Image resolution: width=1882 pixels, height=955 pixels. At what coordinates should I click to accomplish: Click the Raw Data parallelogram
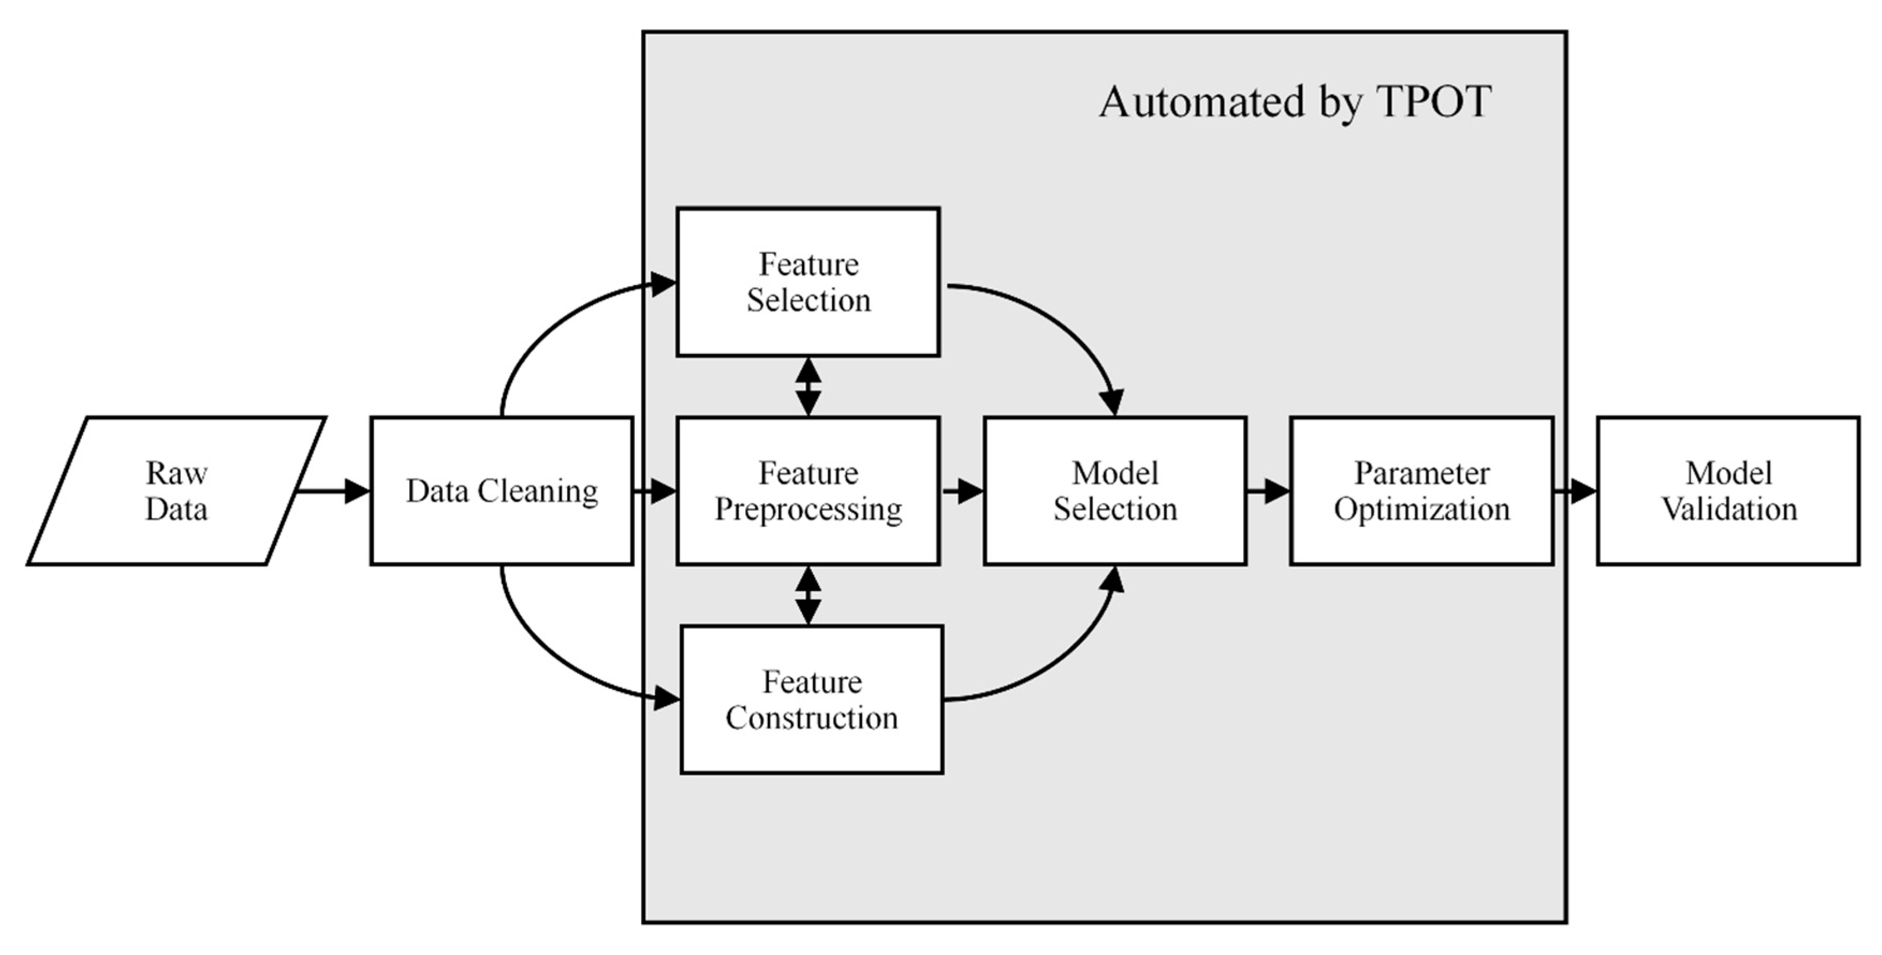(x=176, y=491)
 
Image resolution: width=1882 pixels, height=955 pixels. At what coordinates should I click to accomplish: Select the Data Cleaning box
(x=502, y=491)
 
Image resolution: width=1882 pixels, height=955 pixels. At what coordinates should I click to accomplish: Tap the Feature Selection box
(x=808, y=282)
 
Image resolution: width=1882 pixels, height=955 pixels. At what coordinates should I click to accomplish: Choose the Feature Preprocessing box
(x=808, y=491)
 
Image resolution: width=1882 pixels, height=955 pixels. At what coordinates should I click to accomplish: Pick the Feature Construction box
(x=812, y=700)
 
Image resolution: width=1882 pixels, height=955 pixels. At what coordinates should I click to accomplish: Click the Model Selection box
(x=1115, y=491)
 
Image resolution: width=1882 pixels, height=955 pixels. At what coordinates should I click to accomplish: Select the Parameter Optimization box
(x=1422, y=491)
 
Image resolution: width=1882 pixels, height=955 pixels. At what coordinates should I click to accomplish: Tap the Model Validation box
(x=1729, y=491)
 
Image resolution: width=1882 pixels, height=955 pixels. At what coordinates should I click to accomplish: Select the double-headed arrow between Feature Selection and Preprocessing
(x=808, y=386)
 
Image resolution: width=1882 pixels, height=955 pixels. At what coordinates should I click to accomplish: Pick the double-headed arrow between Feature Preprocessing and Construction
(x=808, y=595)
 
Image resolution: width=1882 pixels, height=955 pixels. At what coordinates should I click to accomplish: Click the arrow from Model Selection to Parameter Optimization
(x=1268, y=491)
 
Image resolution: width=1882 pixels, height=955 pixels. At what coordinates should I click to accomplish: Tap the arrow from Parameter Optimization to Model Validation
(x=1575, y=491)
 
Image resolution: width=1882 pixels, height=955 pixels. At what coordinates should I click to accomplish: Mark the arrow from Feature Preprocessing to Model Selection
(x=963, y=491)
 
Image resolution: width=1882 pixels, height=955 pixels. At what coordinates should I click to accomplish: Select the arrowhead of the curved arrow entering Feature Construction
(x=666, y=698)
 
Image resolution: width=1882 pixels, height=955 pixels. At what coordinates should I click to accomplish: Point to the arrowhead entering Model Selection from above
(x=1112, y=402)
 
